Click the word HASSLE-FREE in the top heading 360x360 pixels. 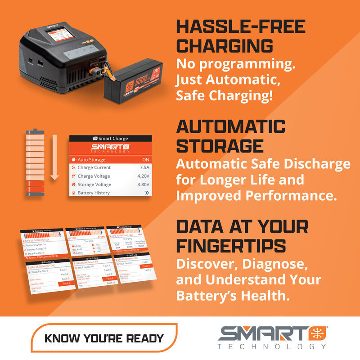(x=241, y=27)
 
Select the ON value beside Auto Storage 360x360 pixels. (x=145, y=159)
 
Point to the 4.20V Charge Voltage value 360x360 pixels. (x=143, y=176)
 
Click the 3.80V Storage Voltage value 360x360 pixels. (x=143, y=184)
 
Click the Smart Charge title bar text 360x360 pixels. (x=112, y=139)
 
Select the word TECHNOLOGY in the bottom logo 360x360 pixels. (x=271, y=347)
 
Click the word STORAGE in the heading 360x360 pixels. (x=220, y=146)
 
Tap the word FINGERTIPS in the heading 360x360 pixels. (x=231, y=245)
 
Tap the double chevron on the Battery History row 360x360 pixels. (x=146, y=193)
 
